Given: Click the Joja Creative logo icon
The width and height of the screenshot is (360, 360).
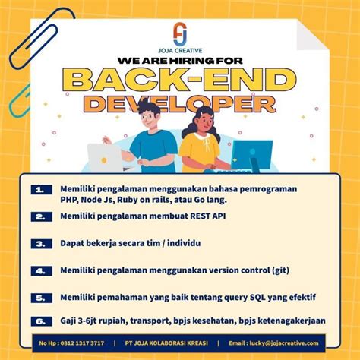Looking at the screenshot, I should click(179, 33).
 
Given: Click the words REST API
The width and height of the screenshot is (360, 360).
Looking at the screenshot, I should click(207, 216).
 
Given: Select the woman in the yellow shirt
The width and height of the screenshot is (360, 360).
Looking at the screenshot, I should click(200, 144).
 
